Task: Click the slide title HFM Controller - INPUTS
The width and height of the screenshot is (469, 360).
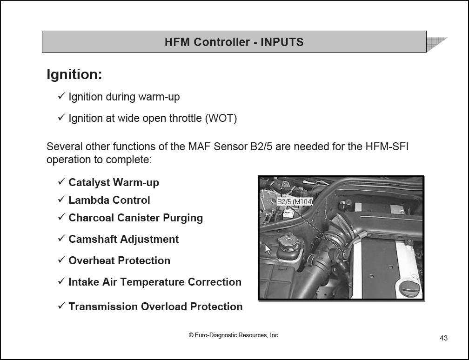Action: tap(234, 42)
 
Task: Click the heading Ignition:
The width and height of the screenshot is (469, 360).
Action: tap(74, 74)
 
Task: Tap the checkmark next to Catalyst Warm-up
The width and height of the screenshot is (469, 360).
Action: tap(61, 181)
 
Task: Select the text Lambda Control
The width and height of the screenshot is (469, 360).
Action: tap(109, 200)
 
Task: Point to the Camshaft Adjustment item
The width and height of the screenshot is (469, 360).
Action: tap(124, 239)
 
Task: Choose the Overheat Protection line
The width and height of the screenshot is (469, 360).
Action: tap(119, 260)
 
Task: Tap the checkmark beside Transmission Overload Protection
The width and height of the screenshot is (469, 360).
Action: tap(61, 306)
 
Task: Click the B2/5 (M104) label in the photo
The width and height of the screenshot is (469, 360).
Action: tap(295, 201)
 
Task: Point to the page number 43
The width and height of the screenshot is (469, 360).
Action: tap(443, 338)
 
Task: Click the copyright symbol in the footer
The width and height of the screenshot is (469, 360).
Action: tap(191, 335)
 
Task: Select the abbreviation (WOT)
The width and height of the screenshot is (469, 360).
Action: tap(221, 119)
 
